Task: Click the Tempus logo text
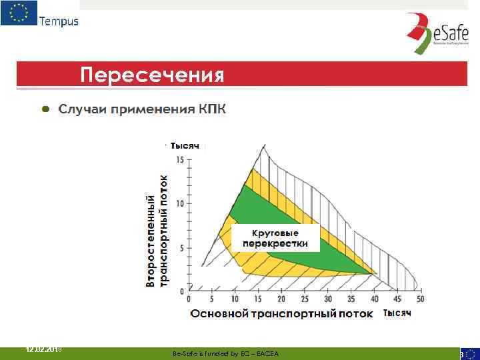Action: point(59,21)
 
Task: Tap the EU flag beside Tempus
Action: point(19,13)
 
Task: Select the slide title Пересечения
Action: point(153,73)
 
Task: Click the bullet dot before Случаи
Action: point(45,108)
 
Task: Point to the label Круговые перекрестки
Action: point(275,238)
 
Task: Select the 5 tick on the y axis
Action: point(181,247)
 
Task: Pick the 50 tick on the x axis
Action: point(420,299)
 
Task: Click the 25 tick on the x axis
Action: point(303,299)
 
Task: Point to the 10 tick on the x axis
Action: point(235,299)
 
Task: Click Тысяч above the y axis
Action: point(185,145)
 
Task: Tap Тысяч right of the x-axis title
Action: point(397,313)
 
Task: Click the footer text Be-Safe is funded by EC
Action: point(225,353)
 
